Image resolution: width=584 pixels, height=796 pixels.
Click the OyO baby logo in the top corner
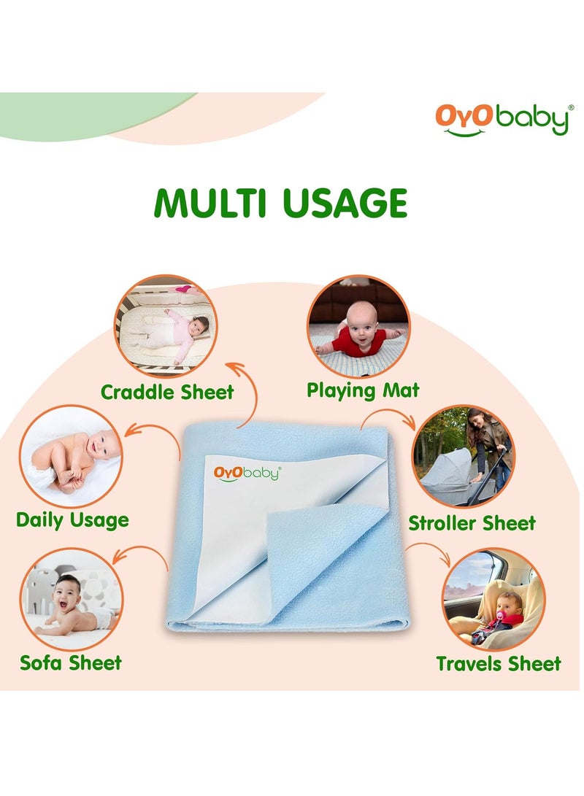point(502,120)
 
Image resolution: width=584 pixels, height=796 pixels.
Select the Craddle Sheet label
point(167,392)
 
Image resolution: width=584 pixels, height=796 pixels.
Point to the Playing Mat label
point(363,390)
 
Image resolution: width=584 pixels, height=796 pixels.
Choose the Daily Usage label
point(72,520)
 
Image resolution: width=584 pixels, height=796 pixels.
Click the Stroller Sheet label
point(472,522)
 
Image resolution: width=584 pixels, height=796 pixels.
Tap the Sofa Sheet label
point(71,662)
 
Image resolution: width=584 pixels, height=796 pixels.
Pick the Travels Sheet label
point(499,663)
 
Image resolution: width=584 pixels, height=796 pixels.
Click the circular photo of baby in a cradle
point(165,326)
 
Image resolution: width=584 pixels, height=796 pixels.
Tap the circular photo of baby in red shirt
point(358,325)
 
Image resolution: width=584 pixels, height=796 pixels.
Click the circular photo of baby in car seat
point(492,598)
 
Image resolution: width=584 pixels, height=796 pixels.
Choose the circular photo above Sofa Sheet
point(72,599)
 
